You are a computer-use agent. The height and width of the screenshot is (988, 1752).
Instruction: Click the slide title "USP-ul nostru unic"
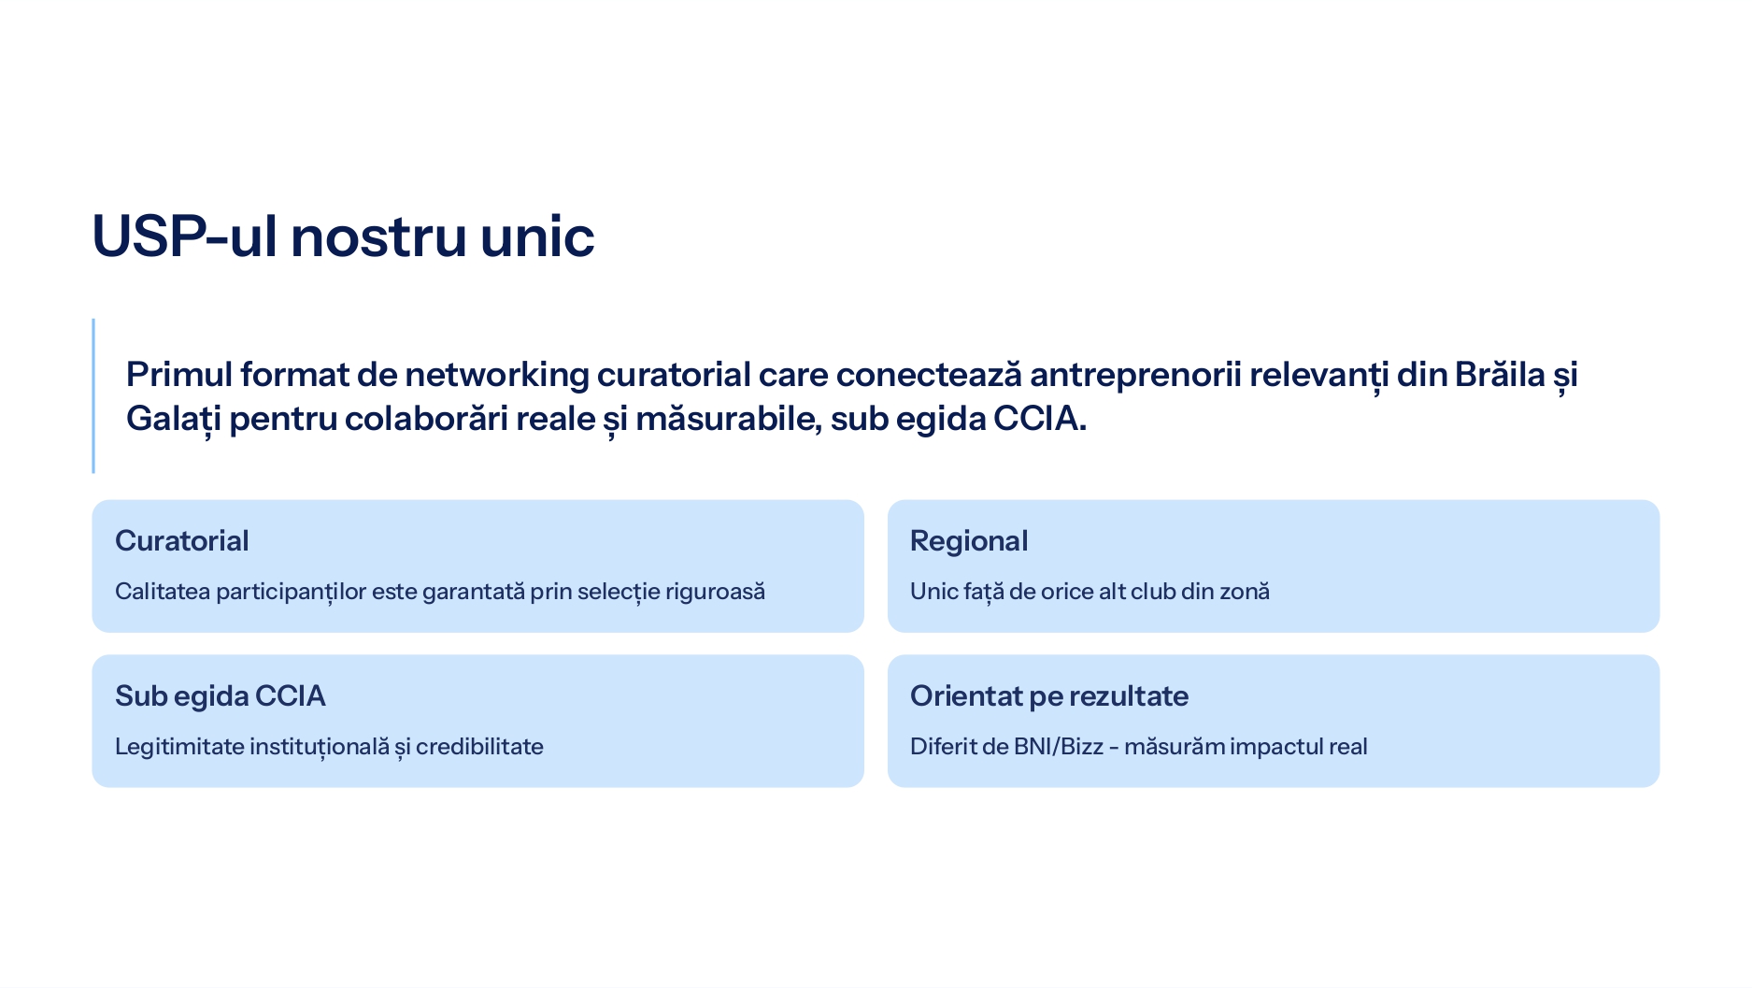pos(343,236)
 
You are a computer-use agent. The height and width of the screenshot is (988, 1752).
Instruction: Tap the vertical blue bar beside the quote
pos(93,395)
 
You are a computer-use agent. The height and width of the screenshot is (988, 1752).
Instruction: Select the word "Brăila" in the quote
pos(1500,374)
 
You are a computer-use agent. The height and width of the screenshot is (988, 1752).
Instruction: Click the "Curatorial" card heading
pos(182,540)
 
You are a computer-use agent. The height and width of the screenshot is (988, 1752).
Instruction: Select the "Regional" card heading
pos(969,540)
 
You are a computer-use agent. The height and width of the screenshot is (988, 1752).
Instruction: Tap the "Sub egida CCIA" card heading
pos(221,695)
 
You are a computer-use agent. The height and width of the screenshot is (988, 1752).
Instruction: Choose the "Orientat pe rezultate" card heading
pos(1049,695)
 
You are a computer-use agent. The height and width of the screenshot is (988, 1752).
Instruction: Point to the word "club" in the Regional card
pos(1153,591)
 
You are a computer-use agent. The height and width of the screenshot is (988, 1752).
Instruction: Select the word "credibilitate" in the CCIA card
pos(479,746)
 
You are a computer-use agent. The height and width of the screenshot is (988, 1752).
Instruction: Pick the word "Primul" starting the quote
pos(179,374)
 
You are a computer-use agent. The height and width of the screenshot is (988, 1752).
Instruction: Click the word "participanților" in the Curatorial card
pos(292,592)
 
